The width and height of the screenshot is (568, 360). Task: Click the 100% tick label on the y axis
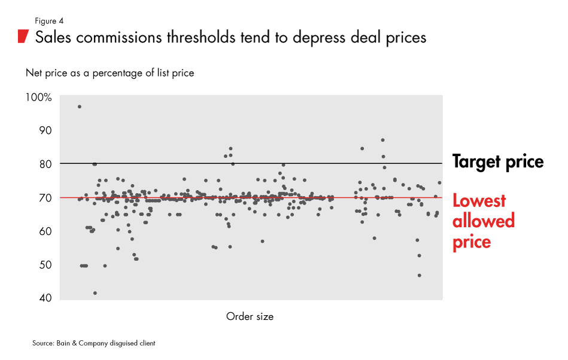39,97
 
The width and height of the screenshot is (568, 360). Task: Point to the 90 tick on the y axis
45,130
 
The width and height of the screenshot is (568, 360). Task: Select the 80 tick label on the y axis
45,164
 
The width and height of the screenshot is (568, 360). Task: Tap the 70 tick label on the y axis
45,197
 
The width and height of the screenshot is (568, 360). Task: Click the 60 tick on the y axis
45,231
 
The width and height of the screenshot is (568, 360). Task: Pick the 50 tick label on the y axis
45,264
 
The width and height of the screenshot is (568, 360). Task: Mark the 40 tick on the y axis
45,298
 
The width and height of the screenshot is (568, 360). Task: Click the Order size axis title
249,316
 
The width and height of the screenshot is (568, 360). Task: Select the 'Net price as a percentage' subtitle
109,73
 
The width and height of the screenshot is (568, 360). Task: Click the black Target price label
497,161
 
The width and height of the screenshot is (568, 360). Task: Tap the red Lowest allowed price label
483,221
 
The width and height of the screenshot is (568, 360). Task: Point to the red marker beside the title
23,36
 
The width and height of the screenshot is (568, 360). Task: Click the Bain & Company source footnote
94,343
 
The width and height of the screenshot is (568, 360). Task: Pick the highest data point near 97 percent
80,106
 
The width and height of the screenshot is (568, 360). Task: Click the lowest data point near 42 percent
95,293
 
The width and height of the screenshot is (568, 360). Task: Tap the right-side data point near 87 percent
383,140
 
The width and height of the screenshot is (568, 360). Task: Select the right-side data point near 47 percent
419,276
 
